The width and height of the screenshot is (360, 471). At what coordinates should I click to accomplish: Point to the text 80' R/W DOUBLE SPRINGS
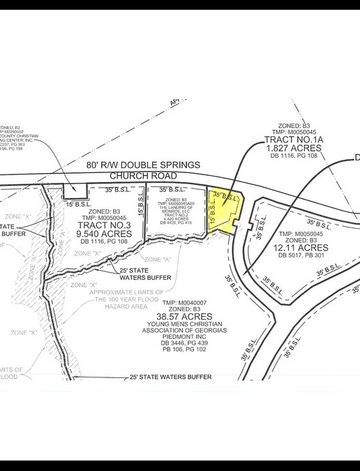[144, 165]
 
